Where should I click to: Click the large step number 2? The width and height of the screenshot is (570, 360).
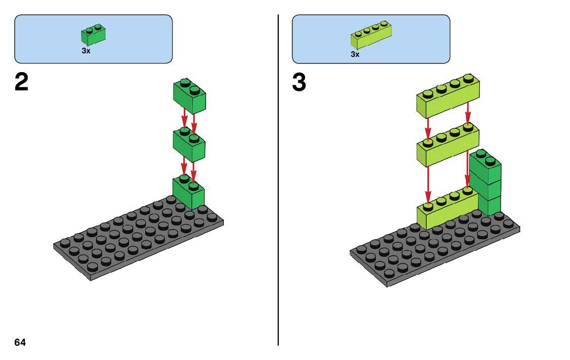coord(21,83)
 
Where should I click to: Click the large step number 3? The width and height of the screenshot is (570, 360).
coord(299,83)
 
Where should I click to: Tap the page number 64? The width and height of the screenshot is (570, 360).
coord(20,343)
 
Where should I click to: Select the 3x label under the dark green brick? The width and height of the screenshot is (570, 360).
coord(86,51)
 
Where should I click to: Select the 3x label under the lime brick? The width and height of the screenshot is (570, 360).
coord(355,54)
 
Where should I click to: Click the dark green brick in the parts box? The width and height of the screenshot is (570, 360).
coord(93,35)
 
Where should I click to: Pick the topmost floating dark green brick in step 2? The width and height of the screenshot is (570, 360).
coord(189,95)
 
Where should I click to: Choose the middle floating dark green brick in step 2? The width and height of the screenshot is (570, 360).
coord(189,144)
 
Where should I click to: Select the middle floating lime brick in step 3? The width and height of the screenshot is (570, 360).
coord(447,146)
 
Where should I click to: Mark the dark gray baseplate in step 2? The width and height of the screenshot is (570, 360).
coord(132,239)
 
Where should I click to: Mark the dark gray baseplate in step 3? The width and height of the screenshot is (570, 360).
coord(431,249)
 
